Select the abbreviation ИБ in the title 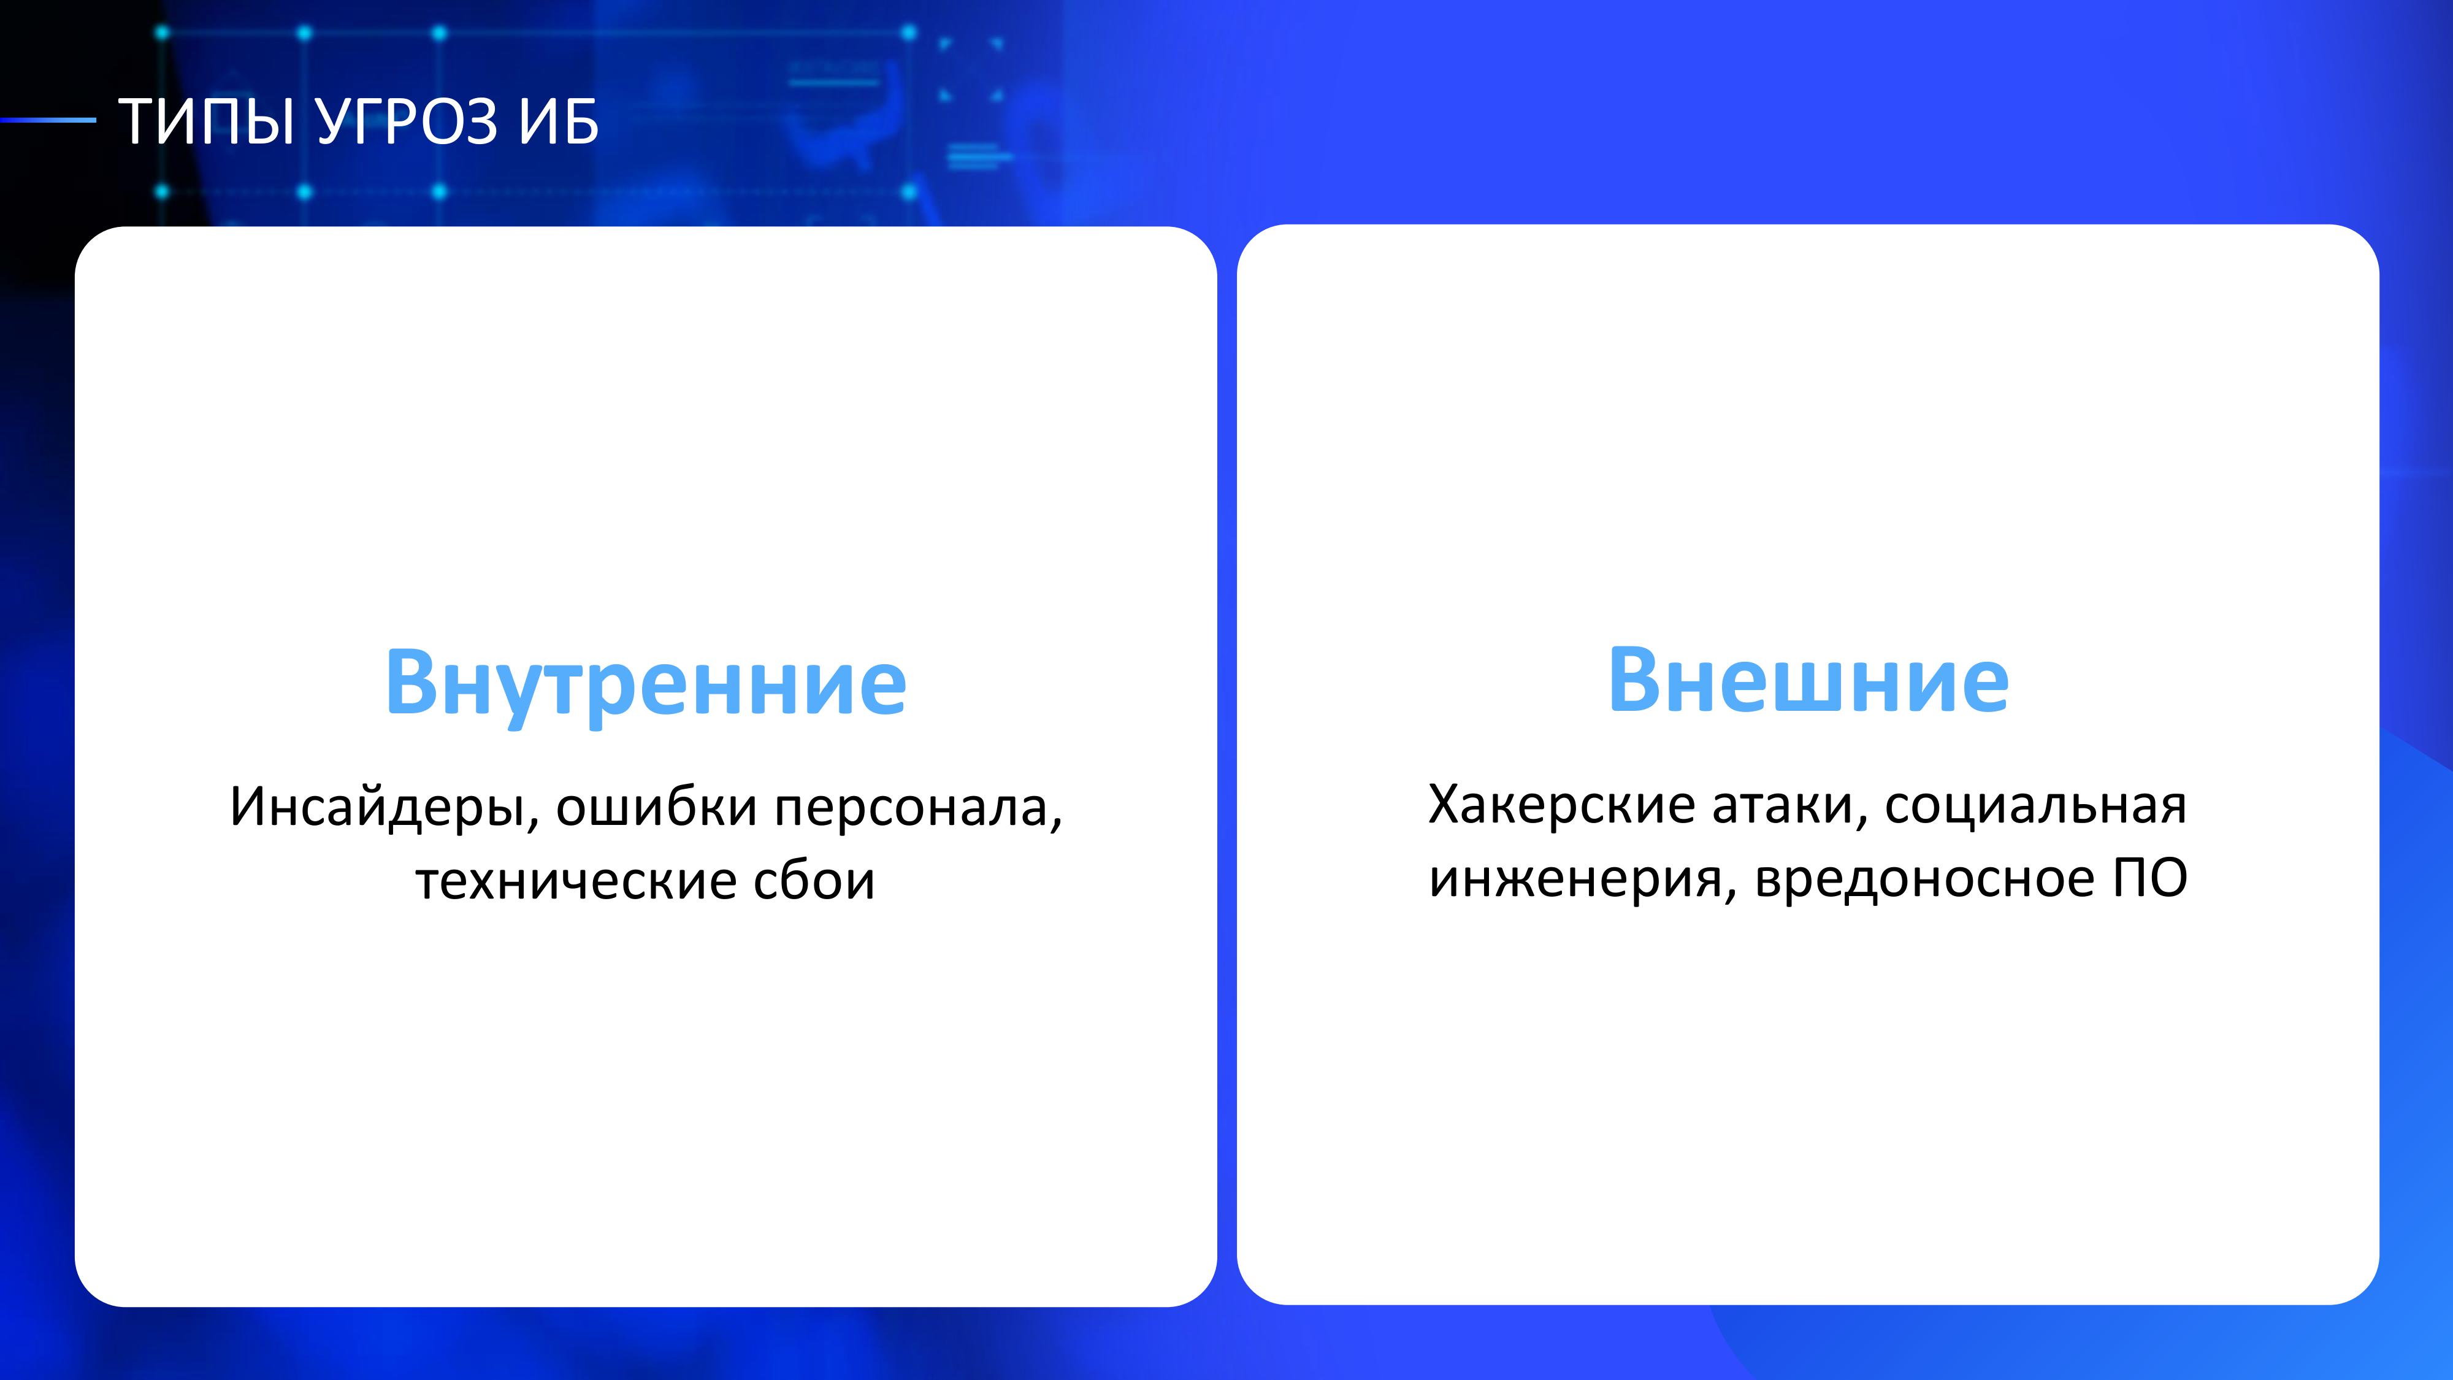pos(559,122)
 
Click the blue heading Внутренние pos(646,684)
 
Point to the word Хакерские pos(1562,805)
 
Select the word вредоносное pos(1924,878)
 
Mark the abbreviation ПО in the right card pos(2150,878)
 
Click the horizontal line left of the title pos(48,120)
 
